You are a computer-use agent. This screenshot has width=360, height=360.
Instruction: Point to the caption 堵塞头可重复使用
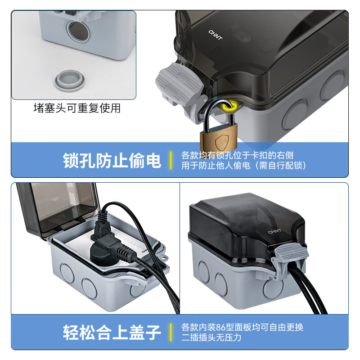(x=77, y=108)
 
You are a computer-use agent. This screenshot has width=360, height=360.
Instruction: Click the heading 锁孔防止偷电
(x=112, y=160)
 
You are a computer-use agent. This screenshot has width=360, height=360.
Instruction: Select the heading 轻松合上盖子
(x=112, y=332)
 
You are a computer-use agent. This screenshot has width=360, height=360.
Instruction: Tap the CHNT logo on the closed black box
(x=274, y=232)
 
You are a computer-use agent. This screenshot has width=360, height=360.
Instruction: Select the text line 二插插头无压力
(x=211, y=337)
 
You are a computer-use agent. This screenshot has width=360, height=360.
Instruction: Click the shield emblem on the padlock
(x=219, y=143)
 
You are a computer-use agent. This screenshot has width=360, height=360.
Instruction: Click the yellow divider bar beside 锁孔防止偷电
(x=171, y=160)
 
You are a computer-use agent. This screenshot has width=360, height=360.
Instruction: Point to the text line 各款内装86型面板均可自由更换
(x=242, y=327)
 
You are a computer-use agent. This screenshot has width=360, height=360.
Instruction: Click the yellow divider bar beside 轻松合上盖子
(x=171, y=332)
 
